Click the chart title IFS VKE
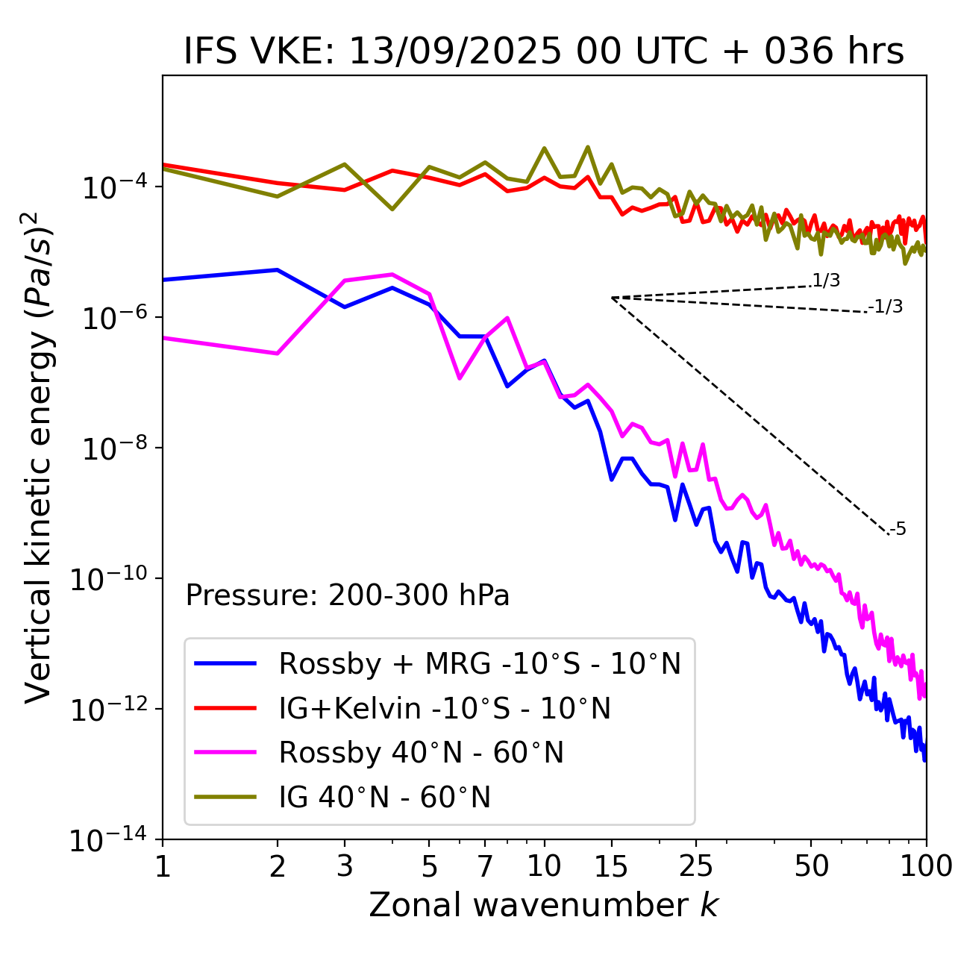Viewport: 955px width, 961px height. click(x=544, y=52)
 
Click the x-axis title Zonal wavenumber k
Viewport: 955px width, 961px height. click(x=543, y=905)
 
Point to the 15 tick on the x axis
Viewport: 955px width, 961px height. click(x=611, y=866)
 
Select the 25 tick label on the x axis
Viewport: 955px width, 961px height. click(x=696, y=866)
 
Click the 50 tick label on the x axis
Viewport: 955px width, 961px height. click(x=811, y=866)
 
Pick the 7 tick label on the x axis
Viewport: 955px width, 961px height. click(x=485, y=866)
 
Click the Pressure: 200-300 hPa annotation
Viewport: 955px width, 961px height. click(x=348, y=595)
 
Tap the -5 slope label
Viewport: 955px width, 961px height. click(x=898, y=530)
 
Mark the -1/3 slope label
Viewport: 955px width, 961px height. click(x=886, y=307)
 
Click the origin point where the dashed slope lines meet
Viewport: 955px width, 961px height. click(x=612, y=298)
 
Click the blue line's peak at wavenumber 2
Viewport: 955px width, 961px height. click(x=278, y=269)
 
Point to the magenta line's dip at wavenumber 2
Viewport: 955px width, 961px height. click(x=278, y=353)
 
